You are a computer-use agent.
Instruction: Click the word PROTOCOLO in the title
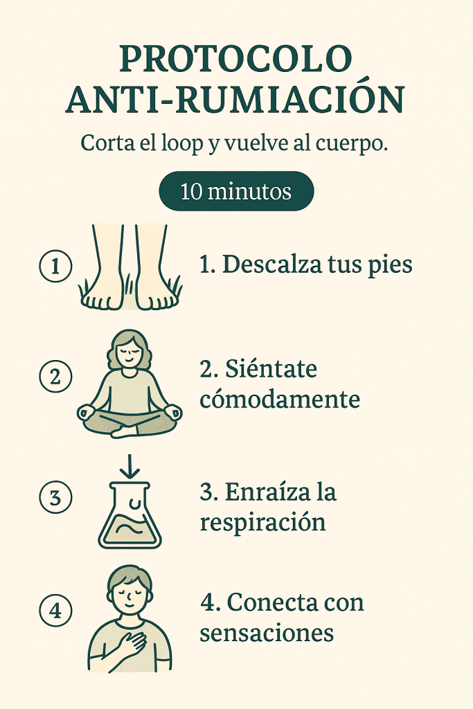[235, 58]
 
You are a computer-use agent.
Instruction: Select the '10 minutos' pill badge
[236, 191]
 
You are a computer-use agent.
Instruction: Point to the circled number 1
[55, 266]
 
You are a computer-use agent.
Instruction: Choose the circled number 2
[55, 376]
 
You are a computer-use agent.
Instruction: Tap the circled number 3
[55, 497]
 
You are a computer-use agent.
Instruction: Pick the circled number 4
[55, 611]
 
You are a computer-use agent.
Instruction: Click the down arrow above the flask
[131, 467]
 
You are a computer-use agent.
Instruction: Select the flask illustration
[130, 515]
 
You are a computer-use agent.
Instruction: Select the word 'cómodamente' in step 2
[280, 400]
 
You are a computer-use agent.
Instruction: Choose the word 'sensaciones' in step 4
[267, 634]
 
